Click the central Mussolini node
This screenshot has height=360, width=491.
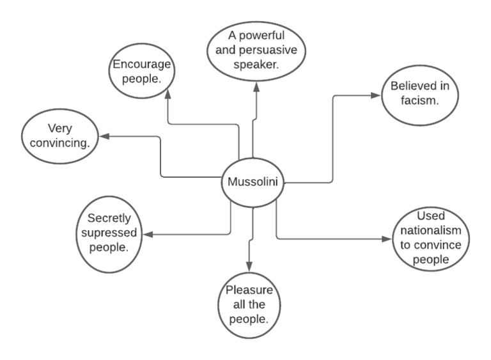(253, 182)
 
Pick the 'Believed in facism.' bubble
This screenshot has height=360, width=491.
(413, 97)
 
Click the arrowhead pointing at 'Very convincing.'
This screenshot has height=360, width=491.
(103, 136)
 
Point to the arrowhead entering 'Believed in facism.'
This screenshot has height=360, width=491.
(377, 97)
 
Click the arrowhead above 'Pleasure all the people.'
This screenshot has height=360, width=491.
(250, 265)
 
